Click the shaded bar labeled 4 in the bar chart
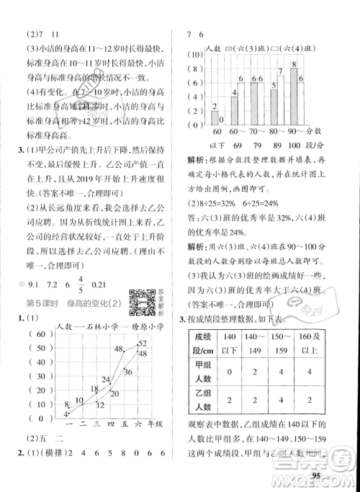[234, 107]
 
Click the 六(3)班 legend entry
[242, 47]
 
